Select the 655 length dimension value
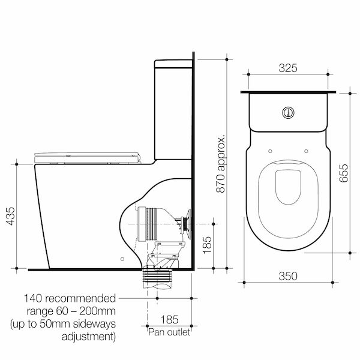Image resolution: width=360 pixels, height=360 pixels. point(341,174)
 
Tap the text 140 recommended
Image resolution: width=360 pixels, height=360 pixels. point(70,298)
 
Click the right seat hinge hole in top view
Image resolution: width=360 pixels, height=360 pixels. point(307,151)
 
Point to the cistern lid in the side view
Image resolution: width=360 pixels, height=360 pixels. point(174,61)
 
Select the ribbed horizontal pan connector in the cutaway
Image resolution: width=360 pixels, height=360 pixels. point(152,224)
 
